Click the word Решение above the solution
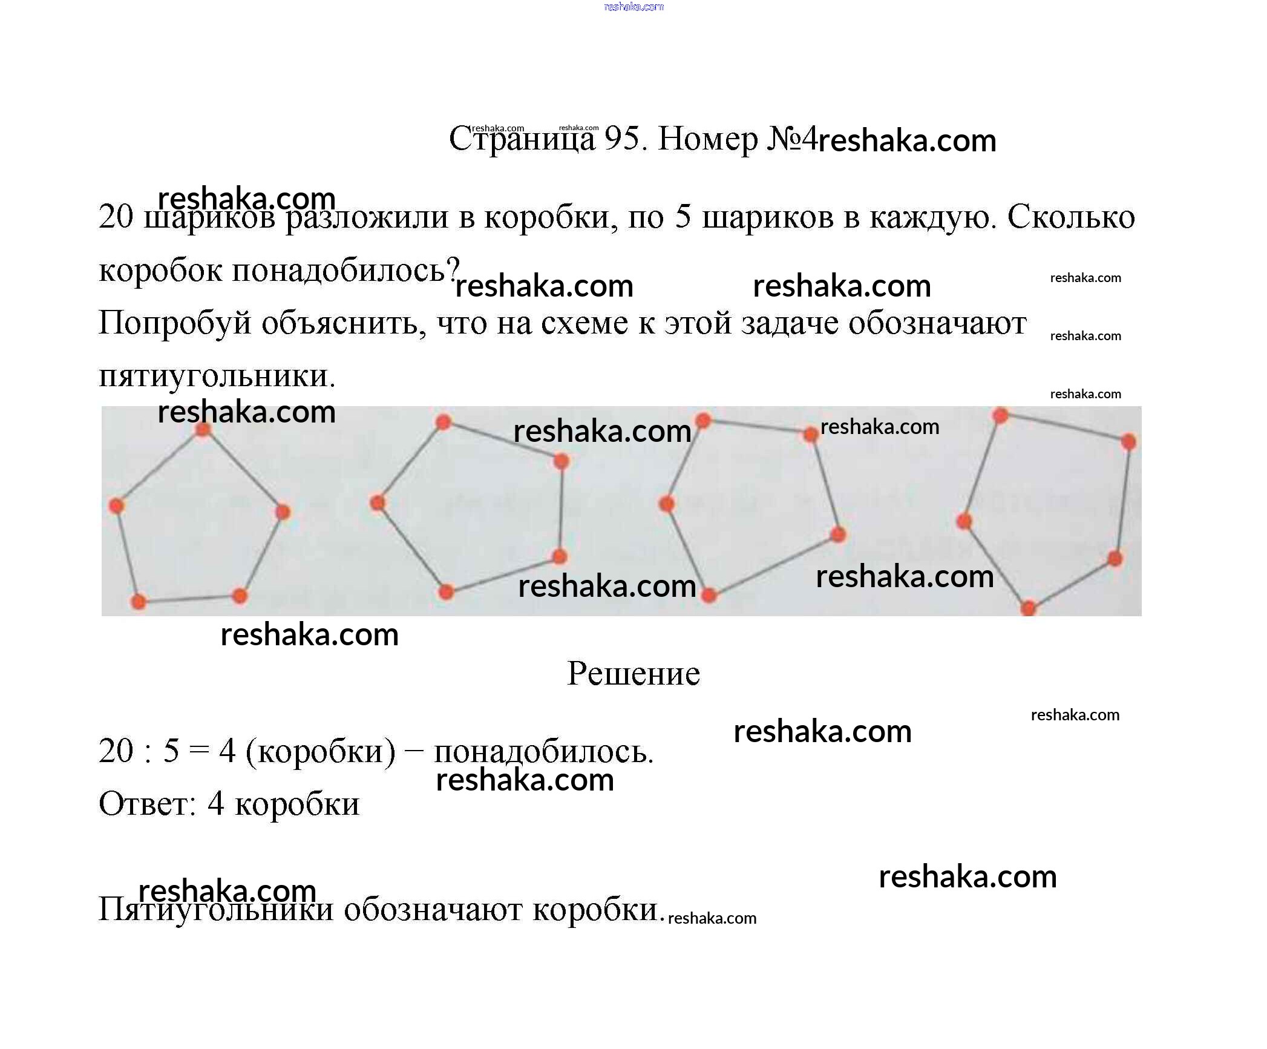[633, 674]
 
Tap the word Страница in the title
[522, 140]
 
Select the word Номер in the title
[707, 139]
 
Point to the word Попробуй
[174, 324]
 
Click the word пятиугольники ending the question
[217, 377]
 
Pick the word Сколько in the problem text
[1071, 217]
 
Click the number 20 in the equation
[116, 751]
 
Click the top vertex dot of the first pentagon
[203, 429]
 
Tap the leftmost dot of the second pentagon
[378, 503]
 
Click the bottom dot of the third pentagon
[709, 596]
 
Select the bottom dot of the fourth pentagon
[1029, 608]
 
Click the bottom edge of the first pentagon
[189, 599]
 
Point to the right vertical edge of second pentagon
[560, 508]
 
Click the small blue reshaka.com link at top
[633, 7]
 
